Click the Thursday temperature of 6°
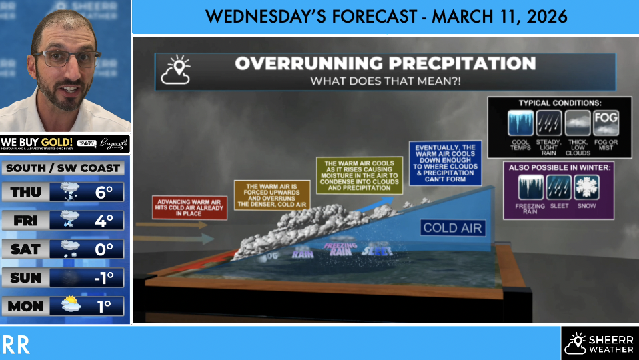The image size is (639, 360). (104, 192)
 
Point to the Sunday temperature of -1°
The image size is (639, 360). (103, 278)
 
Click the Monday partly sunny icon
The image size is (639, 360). (71, 306)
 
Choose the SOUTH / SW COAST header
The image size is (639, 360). (63, 168)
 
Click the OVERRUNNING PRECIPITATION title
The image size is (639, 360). (385, 64)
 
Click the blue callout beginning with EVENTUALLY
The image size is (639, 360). (445, 163)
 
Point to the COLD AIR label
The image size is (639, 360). (452, 228)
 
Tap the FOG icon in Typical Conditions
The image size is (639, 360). (606, 123)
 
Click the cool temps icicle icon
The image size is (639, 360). (520, 123)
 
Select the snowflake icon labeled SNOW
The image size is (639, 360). (587, 187)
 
